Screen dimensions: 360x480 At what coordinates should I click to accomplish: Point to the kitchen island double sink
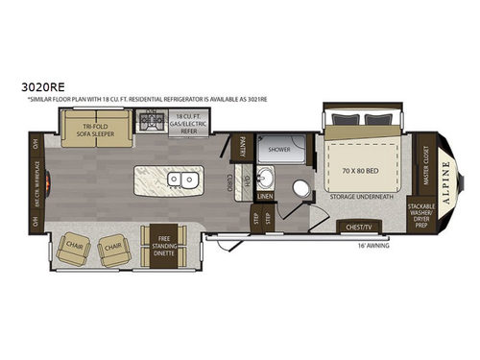(x=180, y=180)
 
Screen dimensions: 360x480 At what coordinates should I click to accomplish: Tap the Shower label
(x=279, y=151)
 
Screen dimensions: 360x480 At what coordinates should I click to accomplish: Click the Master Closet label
(x=426, y=166)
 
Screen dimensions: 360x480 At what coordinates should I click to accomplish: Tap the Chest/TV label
(x=360, y=228)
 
